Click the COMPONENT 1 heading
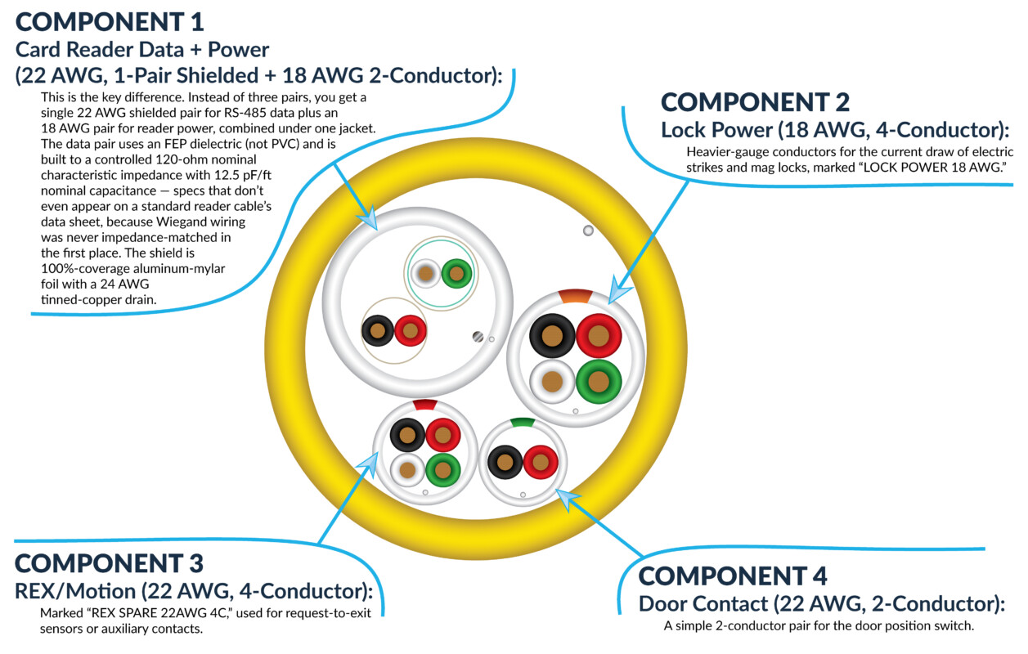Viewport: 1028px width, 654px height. click(110, 22)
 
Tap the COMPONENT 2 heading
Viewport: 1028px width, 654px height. click(755, 102)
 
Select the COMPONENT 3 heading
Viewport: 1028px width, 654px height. click(109, 563)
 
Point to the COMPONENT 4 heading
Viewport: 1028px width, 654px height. click(733, 576)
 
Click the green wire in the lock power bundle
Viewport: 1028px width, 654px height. click(599, 381)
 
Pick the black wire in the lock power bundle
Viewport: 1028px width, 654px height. click(552, 336)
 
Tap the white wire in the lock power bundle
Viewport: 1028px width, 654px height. click(552, 381)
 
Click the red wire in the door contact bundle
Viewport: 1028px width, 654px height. click(541, 462)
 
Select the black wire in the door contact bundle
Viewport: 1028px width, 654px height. click(505, 462)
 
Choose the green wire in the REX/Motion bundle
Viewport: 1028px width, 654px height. click(443, 469)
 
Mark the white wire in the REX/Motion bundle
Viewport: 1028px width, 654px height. click(407, 469)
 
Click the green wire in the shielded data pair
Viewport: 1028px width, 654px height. click(456, 274)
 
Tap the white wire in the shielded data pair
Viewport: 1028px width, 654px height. click(425, 274)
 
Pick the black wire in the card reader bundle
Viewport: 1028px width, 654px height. click(378, 330)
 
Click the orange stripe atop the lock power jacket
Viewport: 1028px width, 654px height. click(576, 296)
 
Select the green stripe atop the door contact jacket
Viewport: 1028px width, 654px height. click(523, 423)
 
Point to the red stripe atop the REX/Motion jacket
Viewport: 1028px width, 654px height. click(425, 405)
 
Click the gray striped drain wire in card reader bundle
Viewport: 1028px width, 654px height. click(478, 337)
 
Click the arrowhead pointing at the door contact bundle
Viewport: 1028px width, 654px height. click(567, 499)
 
